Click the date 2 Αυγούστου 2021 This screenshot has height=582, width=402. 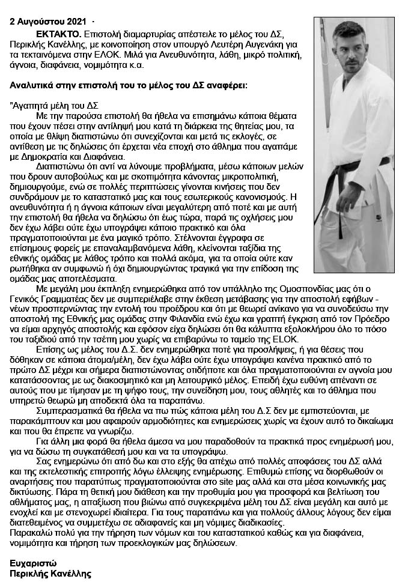click(x=47, y=22)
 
